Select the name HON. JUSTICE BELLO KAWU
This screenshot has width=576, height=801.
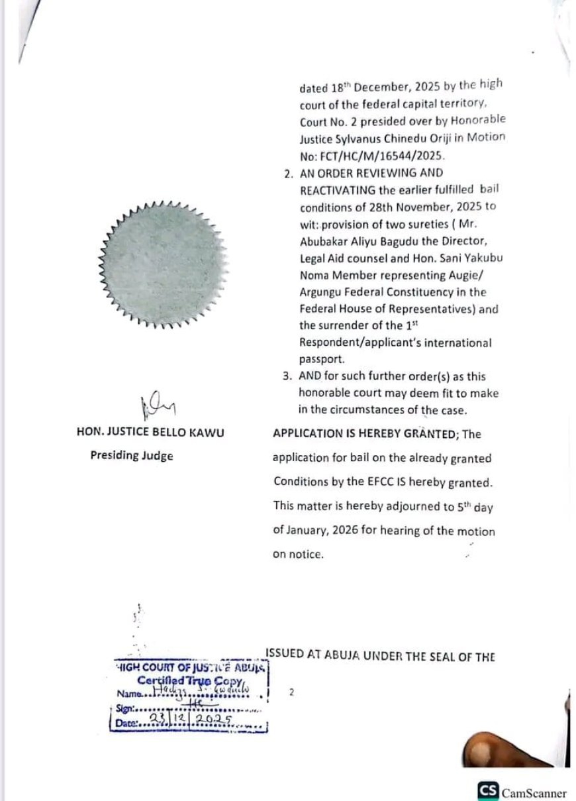[150, 433]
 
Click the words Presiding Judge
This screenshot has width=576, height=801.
[132, 456]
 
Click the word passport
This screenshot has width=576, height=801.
[320, 360]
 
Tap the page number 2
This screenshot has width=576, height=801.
[291, 692]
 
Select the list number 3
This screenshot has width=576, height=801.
[286, 376]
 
